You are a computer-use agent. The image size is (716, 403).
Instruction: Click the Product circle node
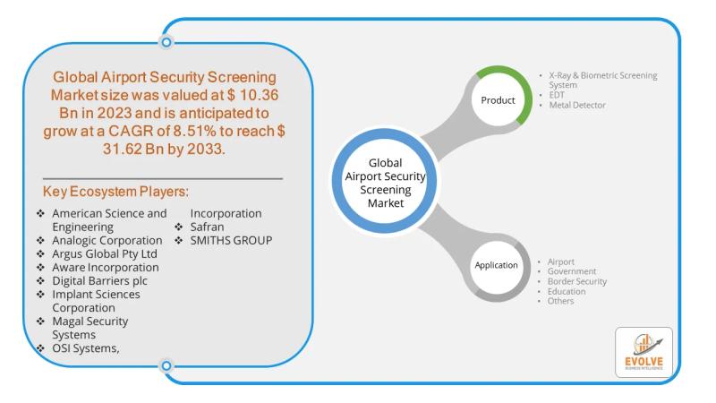click(x=498, y=99)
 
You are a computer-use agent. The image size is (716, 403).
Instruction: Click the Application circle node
click(x=497, y=265)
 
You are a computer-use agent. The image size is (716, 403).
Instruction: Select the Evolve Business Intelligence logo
click(x=643, y=352)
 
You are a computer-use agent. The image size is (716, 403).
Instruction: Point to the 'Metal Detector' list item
click(x=577, y=106)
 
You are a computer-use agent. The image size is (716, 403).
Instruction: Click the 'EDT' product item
click(x=558, y=95)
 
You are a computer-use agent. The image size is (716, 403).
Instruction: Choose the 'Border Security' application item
click(x=577, y=281)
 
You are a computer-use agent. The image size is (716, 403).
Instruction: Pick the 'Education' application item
click(x=567, y=291)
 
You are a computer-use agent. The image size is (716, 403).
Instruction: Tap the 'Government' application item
click(x=572, y=271)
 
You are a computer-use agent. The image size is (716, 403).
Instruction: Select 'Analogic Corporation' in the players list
click(x=107, y=241)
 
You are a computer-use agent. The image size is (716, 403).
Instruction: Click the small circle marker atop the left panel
click(x=166, y=41)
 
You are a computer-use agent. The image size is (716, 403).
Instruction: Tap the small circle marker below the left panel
click(x=166, y=365)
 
